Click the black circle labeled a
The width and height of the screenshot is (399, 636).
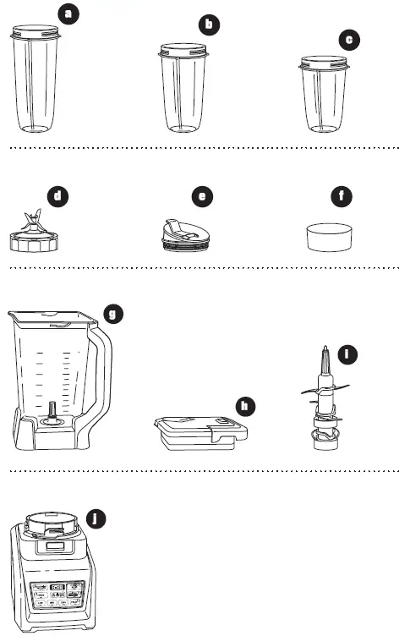tap(69, 14)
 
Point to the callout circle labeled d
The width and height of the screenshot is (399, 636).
tap(57, 197)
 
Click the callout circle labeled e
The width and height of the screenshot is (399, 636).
tap(201, 197)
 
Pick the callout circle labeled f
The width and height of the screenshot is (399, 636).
tap(341, 197)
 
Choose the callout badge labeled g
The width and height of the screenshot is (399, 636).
tap(112, 314)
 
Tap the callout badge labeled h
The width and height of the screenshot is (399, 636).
tap(245, 406)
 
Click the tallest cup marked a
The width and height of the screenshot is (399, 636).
tap(36, 80)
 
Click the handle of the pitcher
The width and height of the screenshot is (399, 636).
tap(103, 372)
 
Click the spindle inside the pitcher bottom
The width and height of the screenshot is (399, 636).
tap(52, 412)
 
